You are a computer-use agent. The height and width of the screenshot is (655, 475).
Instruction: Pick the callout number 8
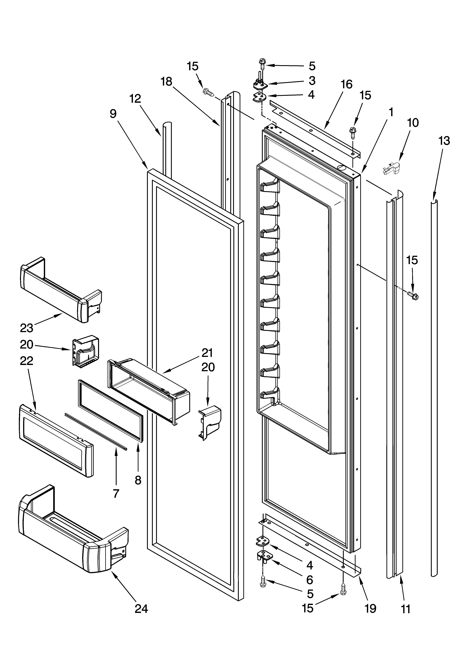tap(138, 480)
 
